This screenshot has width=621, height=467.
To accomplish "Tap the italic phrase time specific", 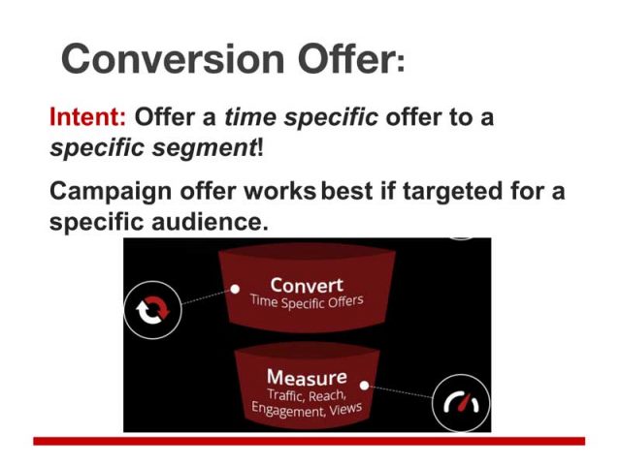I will [301, 119].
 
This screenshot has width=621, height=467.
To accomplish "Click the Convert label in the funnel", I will [306, 285].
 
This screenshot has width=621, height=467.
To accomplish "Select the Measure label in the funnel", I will [306, 376].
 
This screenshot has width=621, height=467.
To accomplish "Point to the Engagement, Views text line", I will [307, 409].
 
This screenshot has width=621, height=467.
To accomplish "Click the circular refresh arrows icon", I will [152, 309].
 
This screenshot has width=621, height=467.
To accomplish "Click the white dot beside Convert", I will [235, 288].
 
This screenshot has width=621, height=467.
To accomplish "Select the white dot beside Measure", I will [366, 384].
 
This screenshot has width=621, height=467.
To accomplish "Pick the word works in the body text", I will [280, 190].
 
